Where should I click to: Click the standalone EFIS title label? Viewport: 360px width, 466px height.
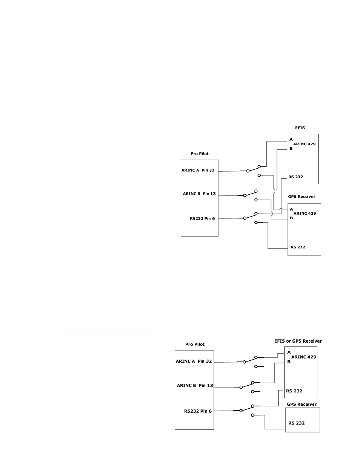point(300,128)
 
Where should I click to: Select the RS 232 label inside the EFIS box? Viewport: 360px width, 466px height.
point(295,177)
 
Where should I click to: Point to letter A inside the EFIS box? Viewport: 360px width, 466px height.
point(291,140)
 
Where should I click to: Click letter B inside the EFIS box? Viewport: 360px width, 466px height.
point(291,148)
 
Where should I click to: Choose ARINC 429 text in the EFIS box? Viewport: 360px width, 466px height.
point(304,144)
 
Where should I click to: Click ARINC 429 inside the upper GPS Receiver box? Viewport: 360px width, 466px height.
point(305,213)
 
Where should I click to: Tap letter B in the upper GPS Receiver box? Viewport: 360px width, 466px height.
point(291,218)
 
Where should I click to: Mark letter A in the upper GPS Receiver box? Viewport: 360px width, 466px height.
point(291,209)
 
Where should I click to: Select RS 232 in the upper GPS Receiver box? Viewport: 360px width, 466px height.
point(298,247)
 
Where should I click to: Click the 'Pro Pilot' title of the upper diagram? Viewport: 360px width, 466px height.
point(199,154)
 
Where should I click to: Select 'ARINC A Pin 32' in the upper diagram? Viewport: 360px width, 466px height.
point(198,170)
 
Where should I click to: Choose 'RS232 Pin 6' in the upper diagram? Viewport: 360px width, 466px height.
point(202,218)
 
